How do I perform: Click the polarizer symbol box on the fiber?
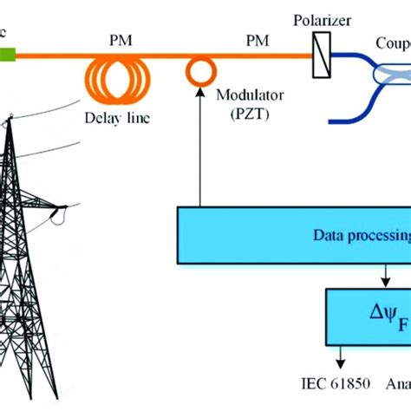tap(320, 55)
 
